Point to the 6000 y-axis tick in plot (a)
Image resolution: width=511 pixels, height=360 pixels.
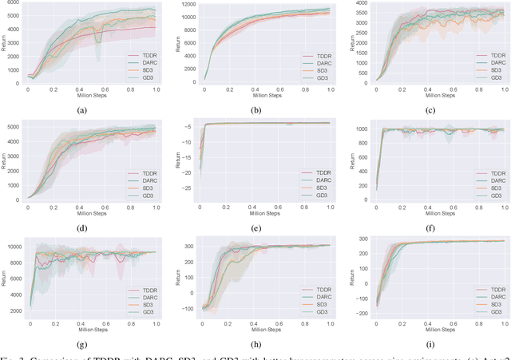15,7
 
